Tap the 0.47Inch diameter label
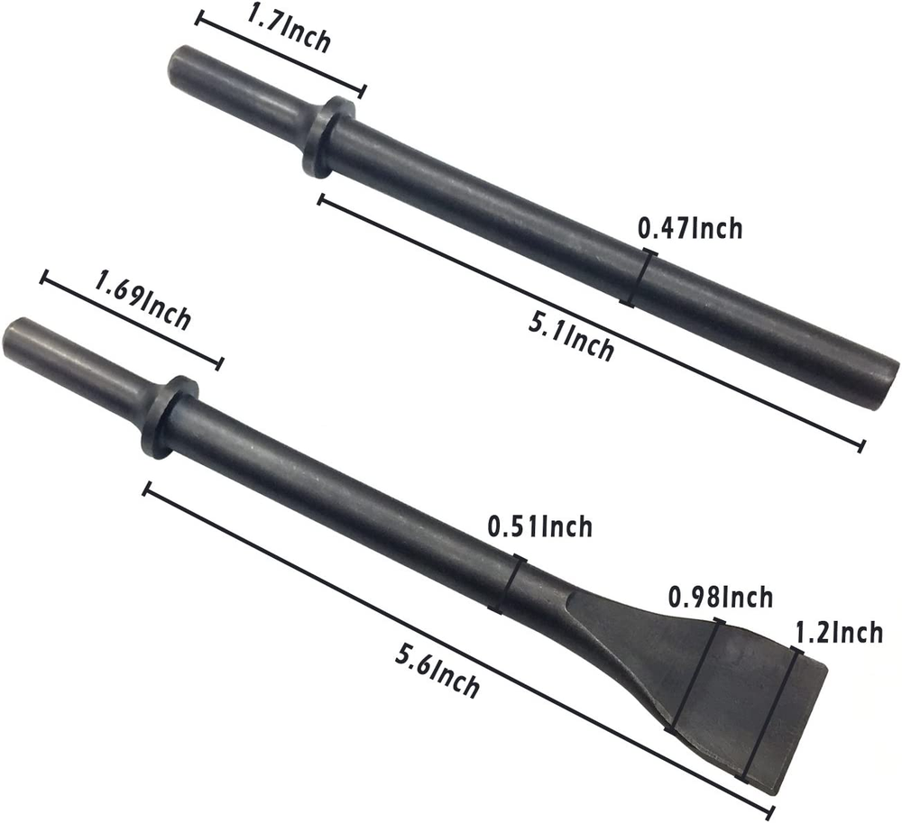point(690,229)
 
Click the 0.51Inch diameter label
point(539,526)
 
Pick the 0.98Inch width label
point(720,597)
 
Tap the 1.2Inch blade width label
point(838,633)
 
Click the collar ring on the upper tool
point(328,137)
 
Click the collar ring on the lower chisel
point(169,416)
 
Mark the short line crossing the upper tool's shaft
point(639,279)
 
